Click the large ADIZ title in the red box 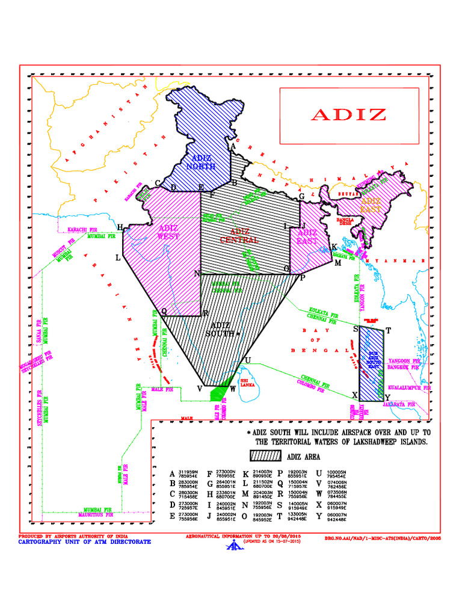point(348,115)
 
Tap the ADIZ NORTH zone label point(201,162)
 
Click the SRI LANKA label point(248,383)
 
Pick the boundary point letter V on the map point(199,389)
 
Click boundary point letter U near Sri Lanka point(247,360)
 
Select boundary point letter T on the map point(389,330)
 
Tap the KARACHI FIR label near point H point(82,229)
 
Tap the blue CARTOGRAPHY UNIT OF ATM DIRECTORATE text point(85,541)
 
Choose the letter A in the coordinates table point(173,474)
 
